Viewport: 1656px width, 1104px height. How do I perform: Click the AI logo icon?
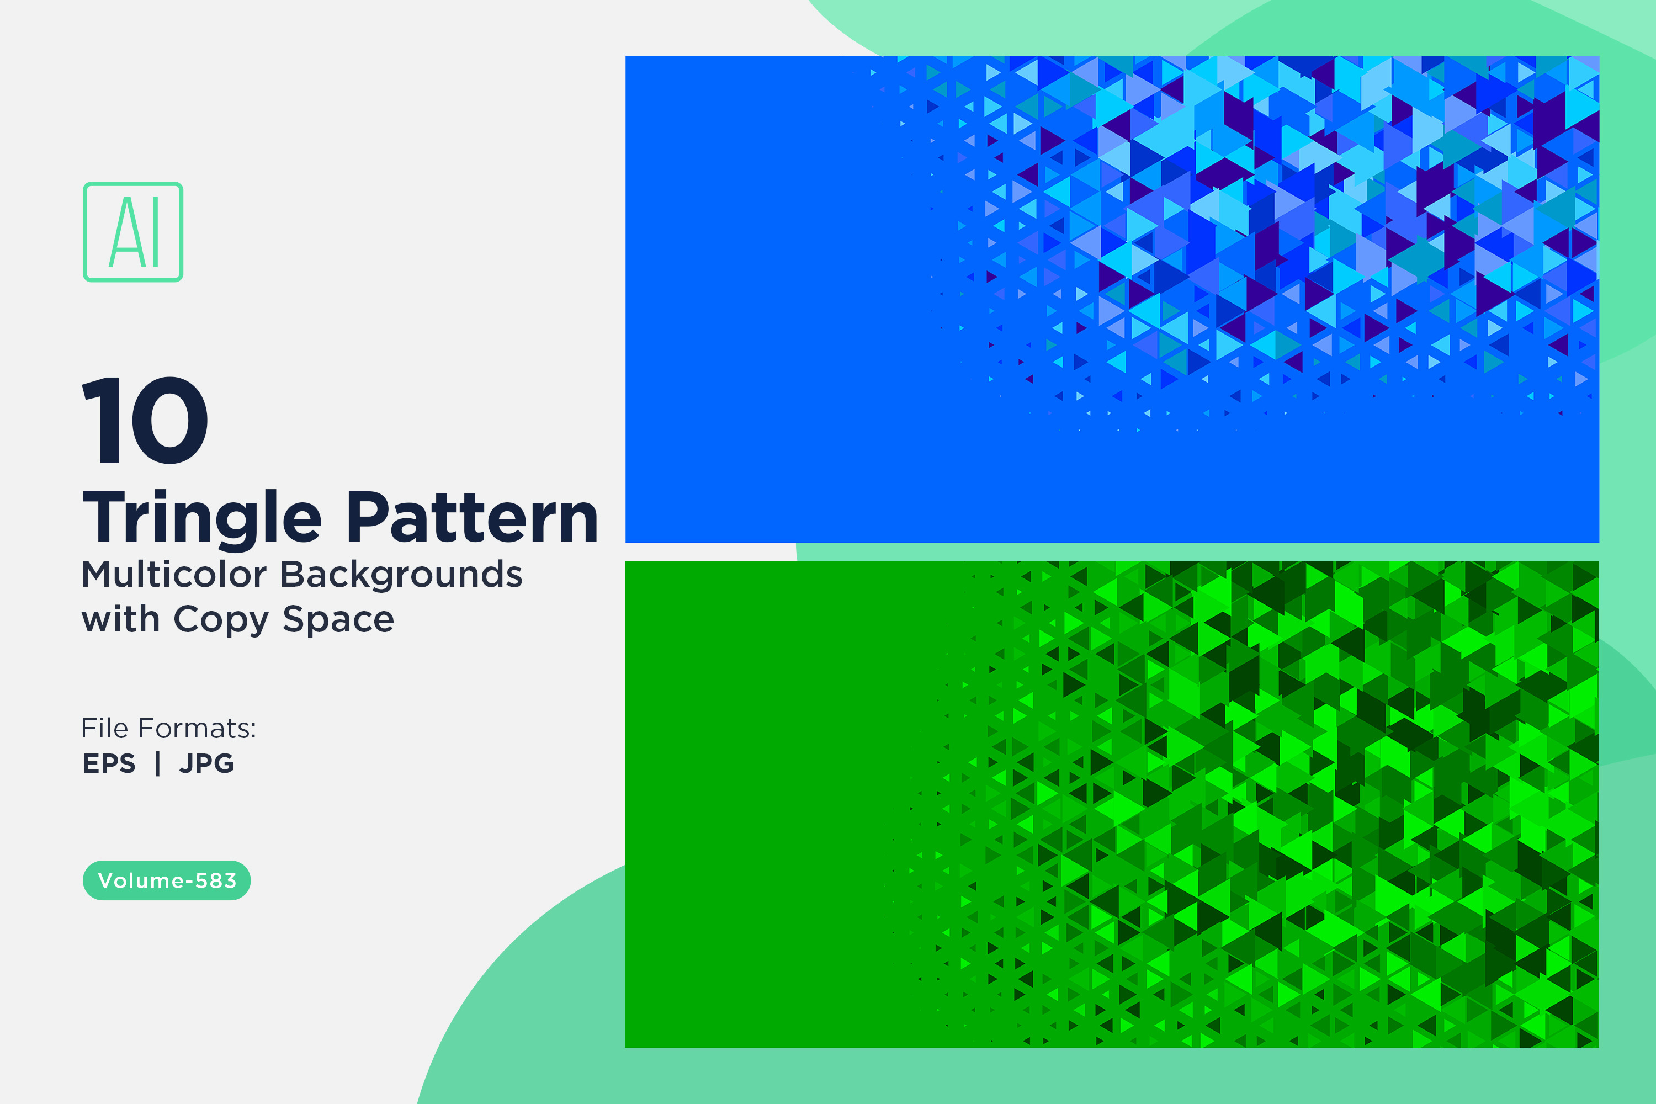click(x=133, y=232)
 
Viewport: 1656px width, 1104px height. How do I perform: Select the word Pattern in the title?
click(x=473, y=518)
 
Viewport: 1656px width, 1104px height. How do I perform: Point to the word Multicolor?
click(x=174, y=574)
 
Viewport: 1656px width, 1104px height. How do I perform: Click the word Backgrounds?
click(x=401, y=574)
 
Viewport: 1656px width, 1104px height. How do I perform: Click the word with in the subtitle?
click(x=120, y=619)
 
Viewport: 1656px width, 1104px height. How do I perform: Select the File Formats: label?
click(x=169, y=728)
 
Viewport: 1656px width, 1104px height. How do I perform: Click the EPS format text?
click(x=109, y=763)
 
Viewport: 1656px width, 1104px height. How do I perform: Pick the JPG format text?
click(x=206, y=763)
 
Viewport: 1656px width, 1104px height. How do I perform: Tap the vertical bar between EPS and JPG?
click(x=158, y=763)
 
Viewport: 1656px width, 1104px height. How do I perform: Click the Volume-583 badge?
click(x=167, y=880)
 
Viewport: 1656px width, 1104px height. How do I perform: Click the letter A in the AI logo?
click(x=124, y=232)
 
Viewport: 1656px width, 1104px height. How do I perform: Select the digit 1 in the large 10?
click(x=102, y=420)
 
